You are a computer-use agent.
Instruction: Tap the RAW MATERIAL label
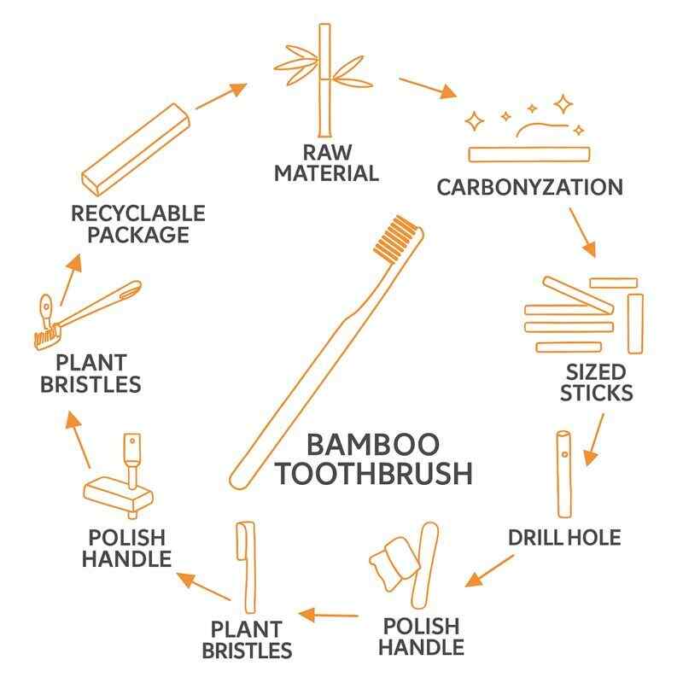coord(340,163)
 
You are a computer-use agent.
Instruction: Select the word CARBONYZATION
coord(529,186)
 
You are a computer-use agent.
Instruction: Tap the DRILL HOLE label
coord(563,538)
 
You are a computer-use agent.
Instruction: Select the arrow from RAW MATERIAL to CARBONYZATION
coord(429,89)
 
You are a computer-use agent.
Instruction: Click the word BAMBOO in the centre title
coord(373,445)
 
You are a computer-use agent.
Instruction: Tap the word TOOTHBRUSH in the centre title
coord(373,474)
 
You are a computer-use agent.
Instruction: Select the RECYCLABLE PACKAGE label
coord(138,222)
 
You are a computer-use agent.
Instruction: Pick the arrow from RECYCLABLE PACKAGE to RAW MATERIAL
coord(220,96)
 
